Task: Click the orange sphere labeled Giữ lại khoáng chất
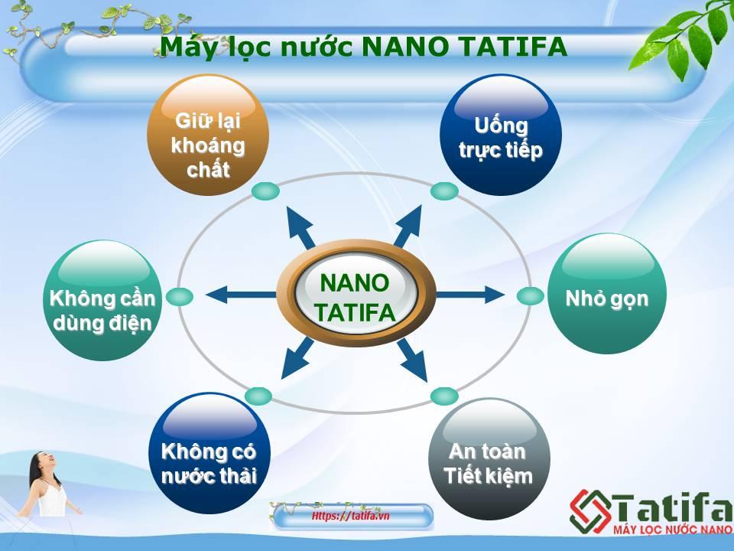pos(208,135)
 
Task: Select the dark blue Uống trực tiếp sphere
pos(501,135)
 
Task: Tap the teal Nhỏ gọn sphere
pos(606,293)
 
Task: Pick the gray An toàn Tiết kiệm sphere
pos(489,458)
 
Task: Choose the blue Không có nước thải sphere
pos(209,453)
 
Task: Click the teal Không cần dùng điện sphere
pos(102,300)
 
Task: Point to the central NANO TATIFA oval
pos(356,294)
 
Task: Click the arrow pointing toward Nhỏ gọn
pos(470,295)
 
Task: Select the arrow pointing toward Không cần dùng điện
pos(241,295)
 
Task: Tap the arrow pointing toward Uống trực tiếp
pos(408,227)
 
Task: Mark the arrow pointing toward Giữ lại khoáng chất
pos(301,228)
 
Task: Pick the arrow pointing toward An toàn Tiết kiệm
pos(412,360)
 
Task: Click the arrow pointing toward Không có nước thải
pos(297,358)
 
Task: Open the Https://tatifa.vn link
pos(351,516)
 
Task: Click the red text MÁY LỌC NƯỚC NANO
pos(672,530)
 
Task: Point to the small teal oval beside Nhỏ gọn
pos(531,296)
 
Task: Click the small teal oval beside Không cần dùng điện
pos(179,297)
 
